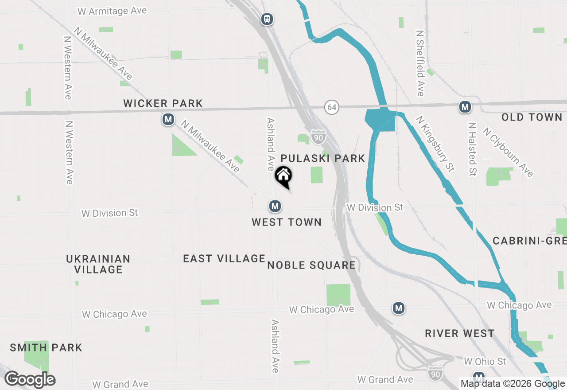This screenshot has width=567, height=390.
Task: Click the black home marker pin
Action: pos(283,176)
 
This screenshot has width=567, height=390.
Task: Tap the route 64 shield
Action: pos(331,107)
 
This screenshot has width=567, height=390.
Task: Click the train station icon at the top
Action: pos(267,19)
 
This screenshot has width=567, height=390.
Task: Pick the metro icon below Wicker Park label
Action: pos(168,119)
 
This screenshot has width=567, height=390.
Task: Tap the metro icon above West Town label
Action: pos(275,206)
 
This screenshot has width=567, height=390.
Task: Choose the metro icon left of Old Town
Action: pos(465,107)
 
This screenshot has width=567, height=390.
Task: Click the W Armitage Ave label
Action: pos(112,11)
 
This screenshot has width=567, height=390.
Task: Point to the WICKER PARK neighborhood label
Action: pos(163,104)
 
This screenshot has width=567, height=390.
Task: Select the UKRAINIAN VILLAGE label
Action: pos(98,264)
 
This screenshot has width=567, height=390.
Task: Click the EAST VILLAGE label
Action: pos(224,258)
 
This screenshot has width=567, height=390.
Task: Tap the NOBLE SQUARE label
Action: pos(311,265)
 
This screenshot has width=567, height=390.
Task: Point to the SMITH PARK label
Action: pos(46,347)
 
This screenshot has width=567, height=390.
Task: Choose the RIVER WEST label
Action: pos(459,334)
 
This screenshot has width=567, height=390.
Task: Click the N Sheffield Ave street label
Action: pos(420,63)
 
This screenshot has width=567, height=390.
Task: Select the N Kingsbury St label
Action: pos(435,144)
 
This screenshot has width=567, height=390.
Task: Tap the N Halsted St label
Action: pos(472,149)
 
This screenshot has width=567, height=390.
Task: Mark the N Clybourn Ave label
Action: pos(508,152)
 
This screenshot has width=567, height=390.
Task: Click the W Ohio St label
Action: pos(485,362)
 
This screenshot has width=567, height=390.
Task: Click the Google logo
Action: pos(30,380)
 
